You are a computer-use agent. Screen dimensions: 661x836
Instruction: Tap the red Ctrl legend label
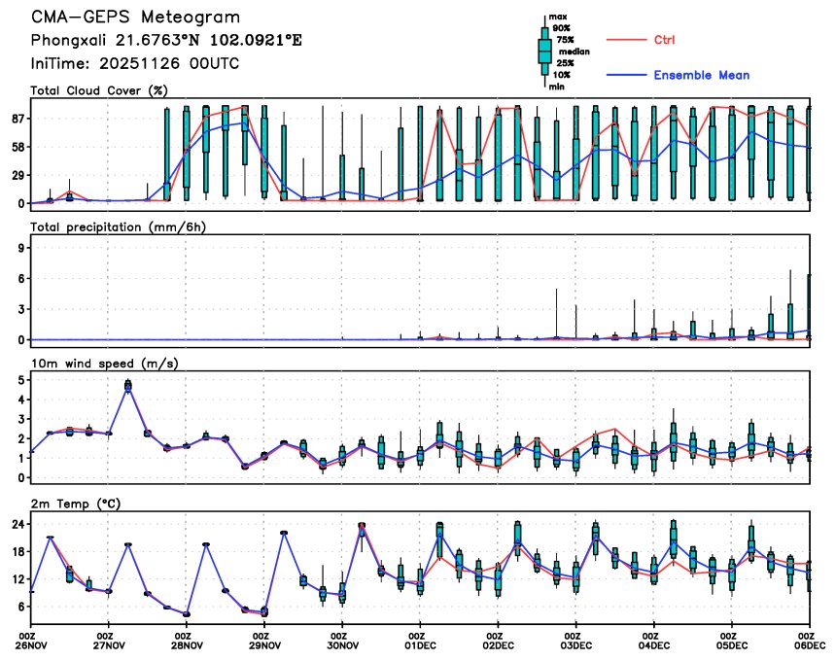(664, 40)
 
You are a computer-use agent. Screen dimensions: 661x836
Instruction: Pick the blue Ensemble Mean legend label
(701, 75)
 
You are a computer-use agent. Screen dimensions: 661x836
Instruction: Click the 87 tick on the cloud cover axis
(17, 119)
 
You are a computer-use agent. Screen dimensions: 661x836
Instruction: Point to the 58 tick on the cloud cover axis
(17, 147)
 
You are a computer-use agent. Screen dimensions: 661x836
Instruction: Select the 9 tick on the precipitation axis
(20, 248)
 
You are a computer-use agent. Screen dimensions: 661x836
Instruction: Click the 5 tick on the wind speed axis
(20, 379)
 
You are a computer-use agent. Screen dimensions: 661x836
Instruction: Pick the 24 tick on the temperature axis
(17, 524)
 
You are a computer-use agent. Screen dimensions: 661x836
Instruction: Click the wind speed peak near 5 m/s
(128, 386)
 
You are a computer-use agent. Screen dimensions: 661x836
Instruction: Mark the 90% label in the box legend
(561, 28)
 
